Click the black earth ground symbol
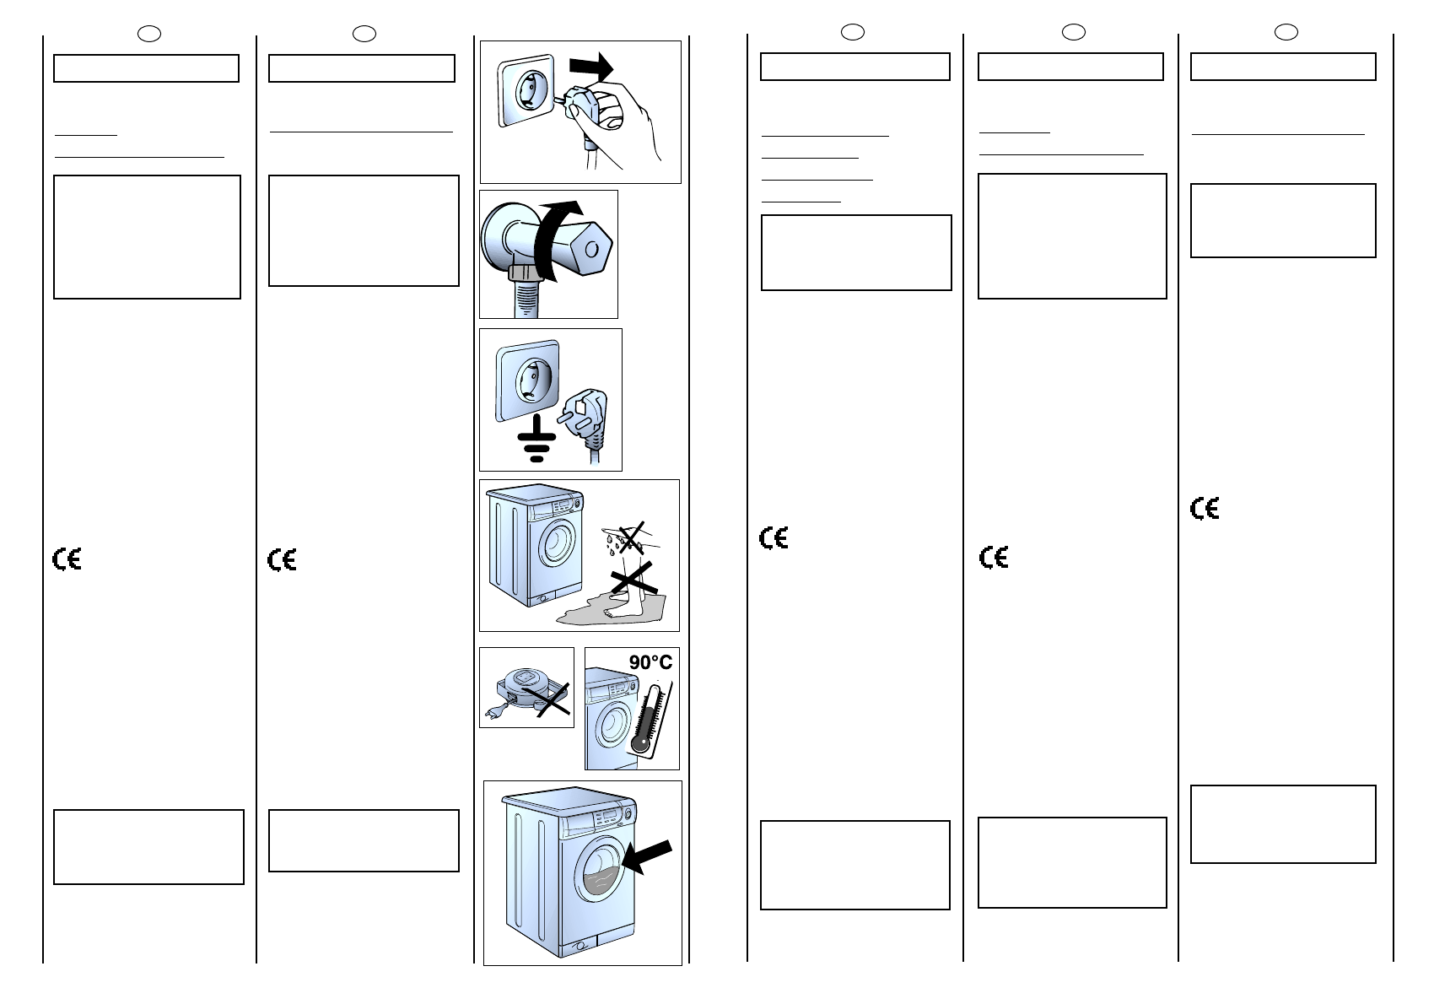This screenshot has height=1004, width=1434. pyautogui.click(x=535, y=442)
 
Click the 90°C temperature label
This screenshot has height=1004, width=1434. pyautogui.click(x=650, y=662)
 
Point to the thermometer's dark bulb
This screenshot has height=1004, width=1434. pyautogui.click(x=640, y=744)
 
